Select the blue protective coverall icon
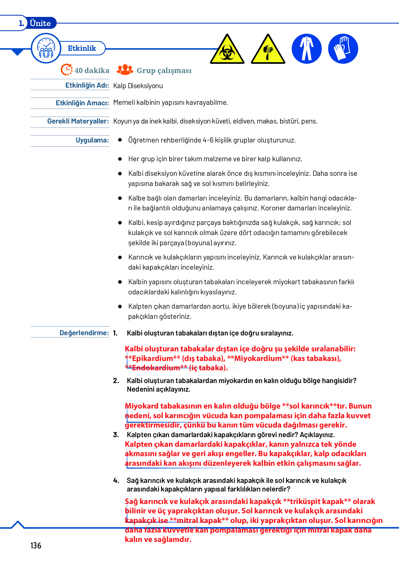[307, 49]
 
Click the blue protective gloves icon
[343, 49]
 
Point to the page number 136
[36, 545]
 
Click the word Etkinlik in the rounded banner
[82, 48]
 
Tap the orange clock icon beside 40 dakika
[67, 70]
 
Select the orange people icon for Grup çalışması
[125, 70]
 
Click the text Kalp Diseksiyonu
[138, 86]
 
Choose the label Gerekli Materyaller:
[78, 121]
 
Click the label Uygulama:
[92, 140]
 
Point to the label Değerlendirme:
[84, 333]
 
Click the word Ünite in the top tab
[40, 23]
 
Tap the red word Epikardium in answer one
[152, 358]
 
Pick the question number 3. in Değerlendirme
[116, 435]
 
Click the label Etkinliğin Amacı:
[82, 103]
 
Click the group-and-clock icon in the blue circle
[46, 48]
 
